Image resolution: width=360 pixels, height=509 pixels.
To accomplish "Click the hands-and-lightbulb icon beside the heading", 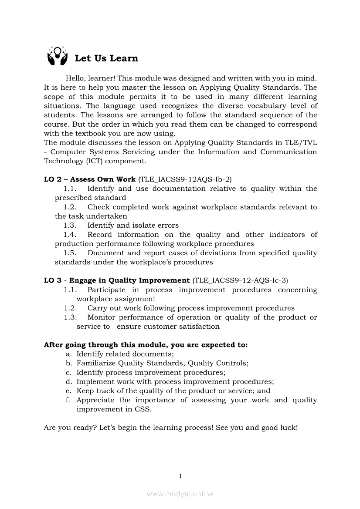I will tap(58, 56).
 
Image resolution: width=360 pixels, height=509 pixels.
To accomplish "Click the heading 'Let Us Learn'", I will tap(106, 58).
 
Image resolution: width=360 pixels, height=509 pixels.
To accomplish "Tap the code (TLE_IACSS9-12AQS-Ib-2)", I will tap(185, 179).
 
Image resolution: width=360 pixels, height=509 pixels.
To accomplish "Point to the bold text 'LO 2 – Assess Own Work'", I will tap(90, 179).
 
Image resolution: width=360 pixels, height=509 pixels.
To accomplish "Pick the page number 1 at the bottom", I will tap(180, 476).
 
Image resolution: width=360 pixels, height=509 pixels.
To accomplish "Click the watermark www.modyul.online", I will tap(180, 494).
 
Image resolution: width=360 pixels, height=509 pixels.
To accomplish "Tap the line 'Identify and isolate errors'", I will tap(133, 226).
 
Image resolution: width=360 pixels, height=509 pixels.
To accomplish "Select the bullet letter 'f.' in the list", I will tap(68, 400).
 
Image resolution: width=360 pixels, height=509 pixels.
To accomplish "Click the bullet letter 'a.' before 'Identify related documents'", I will tap(68, 354).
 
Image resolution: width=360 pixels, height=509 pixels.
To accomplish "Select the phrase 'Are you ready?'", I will tap(70, 428).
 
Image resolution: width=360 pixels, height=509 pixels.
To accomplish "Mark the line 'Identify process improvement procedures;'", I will tap(151, 373).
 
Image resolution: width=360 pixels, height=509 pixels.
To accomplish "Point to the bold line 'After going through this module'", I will tap(146, 345).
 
